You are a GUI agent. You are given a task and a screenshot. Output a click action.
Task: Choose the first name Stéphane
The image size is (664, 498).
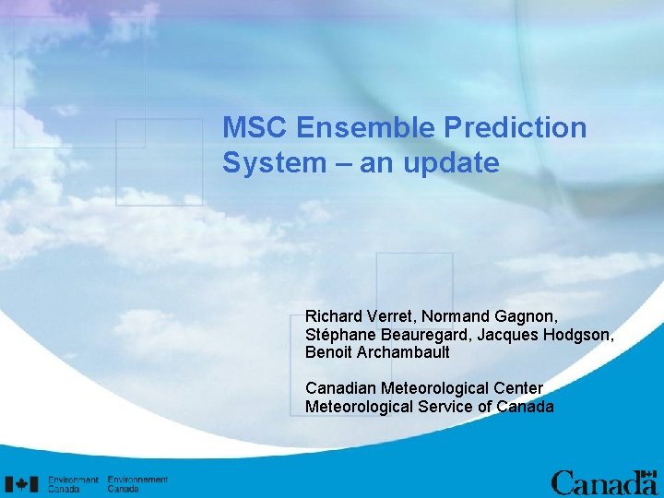(338, 335)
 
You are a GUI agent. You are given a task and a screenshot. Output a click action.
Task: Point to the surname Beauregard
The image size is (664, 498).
(426, 335)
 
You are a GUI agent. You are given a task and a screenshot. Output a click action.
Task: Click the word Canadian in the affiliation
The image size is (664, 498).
(338, 388)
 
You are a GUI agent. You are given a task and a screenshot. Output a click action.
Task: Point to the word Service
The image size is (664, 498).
(456, 407)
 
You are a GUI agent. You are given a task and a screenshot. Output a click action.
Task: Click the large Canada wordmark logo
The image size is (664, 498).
(603, 482)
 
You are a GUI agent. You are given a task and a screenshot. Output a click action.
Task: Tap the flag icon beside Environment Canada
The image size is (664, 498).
(22, 483)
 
